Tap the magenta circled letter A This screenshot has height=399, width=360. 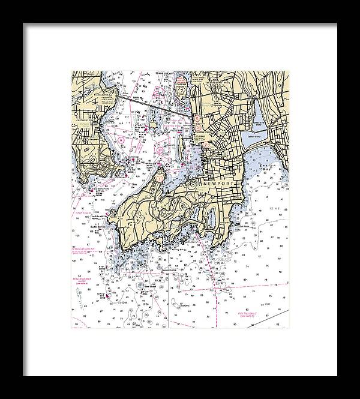coord(121,139)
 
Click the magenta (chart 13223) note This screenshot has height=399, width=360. coord(82,211)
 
